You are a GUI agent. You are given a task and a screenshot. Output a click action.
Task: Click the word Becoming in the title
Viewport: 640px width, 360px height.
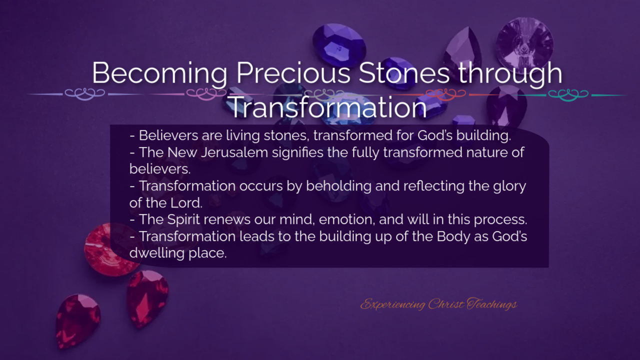159,73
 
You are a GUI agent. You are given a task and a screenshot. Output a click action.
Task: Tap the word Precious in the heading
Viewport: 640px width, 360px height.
293,72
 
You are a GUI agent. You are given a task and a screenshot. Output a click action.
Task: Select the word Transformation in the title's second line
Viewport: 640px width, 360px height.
328,107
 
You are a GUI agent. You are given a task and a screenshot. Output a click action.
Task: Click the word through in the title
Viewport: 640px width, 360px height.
510,73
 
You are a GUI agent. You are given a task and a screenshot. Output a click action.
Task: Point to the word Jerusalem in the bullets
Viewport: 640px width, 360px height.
234,152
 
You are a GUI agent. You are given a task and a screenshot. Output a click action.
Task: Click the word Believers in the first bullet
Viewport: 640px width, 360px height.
168,135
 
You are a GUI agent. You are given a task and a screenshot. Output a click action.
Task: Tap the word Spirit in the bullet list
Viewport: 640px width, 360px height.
183,220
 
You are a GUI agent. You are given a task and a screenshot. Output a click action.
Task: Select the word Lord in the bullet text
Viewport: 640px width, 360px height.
186,203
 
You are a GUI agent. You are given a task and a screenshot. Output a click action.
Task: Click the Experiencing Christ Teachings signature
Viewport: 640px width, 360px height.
438,304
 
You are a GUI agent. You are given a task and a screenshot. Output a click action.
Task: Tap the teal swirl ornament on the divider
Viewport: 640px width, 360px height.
568,95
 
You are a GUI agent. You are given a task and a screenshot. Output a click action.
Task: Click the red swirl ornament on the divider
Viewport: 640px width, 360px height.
445,94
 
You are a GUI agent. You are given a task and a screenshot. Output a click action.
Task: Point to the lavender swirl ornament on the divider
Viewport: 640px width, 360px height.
85,94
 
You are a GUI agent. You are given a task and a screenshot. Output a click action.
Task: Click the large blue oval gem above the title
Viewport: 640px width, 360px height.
339,45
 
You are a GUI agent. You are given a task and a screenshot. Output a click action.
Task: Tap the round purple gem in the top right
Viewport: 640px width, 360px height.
524,43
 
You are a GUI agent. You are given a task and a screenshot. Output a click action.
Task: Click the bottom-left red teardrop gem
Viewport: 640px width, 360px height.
77,321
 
